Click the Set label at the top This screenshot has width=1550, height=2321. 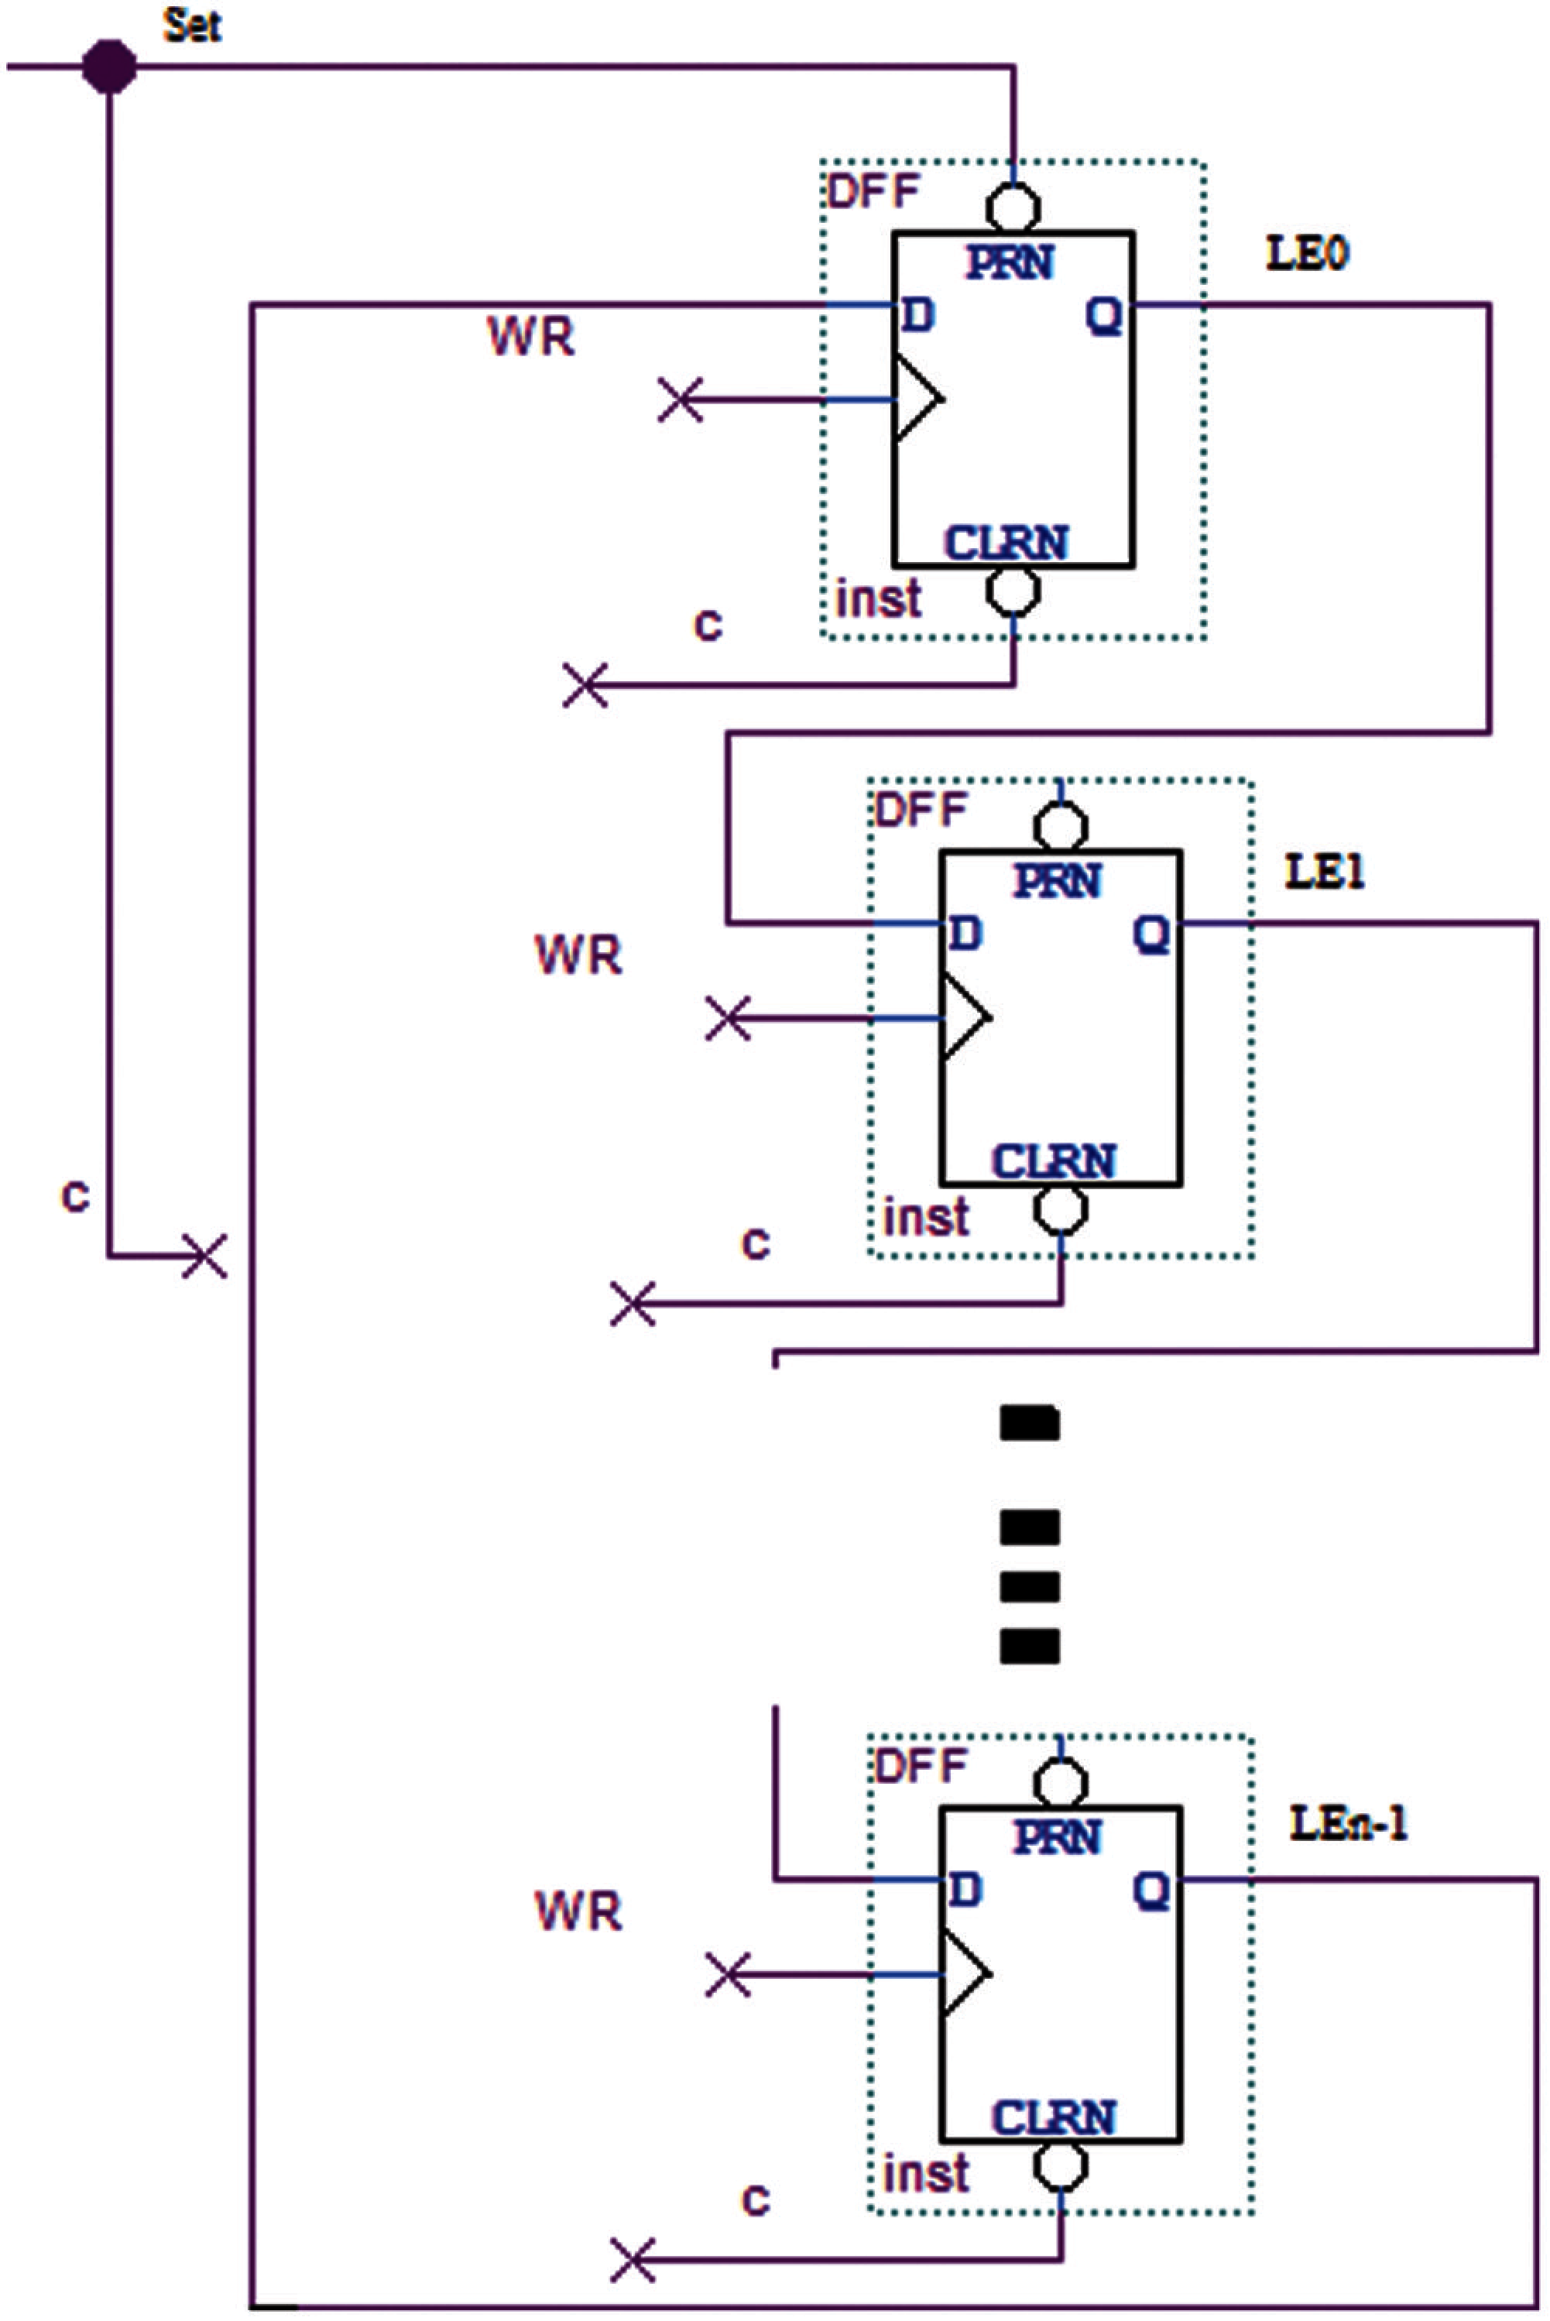pos(192,26)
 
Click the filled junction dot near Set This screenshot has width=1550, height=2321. pos(108,67)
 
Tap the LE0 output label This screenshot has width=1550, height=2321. pos(1307,254)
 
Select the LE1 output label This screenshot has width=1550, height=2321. pos(1325,872)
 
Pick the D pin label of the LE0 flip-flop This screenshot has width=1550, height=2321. pos(917,315)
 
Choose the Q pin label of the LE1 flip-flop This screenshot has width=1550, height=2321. pos(1151,933)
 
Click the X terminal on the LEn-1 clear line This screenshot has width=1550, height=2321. pos(633,2261)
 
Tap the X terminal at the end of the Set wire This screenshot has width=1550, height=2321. pos(204,1256)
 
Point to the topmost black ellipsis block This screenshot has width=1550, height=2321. pos(1030,1424)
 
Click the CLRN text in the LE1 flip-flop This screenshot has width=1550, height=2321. pos(1054,1161)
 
